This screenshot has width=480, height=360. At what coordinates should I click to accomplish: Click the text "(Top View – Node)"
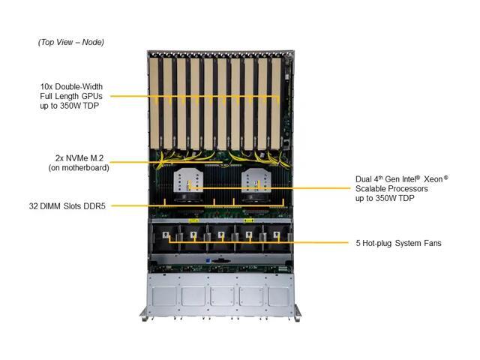click(70, 42)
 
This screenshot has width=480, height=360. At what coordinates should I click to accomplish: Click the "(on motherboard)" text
click(79, 168)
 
